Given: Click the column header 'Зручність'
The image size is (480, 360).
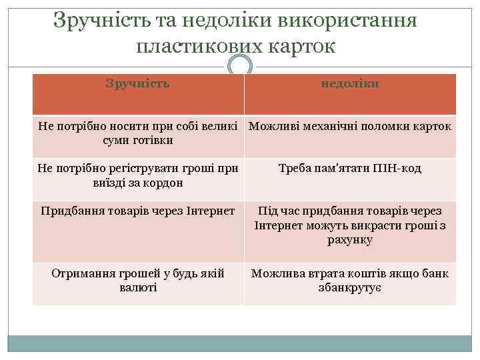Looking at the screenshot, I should (x=138, y=84).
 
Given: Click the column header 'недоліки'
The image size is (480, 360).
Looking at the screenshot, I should (x=350, y=84).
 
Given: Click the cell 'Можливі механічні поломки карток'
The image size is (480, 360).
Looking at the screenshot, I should (x=349, y=126).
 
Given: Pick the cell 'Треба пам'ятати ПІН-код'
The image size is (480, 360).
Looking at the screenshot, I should (x=350, y=169).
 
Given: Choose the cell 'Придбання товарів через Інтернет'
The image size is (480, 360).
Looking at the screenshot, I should (x=138, y=211).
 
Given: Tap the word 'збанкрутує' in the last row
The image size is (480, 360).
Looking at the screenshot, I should (x=350, y=288).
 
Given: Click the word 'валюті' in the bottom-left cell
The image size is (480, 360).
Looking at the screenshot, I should (x=138, y=288).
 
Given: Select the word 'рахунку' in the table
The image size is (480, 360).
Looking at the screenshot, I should (x=350, y=240).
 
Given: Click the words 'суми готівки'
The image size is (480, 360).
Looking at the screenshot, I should (x=138, y=141).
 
